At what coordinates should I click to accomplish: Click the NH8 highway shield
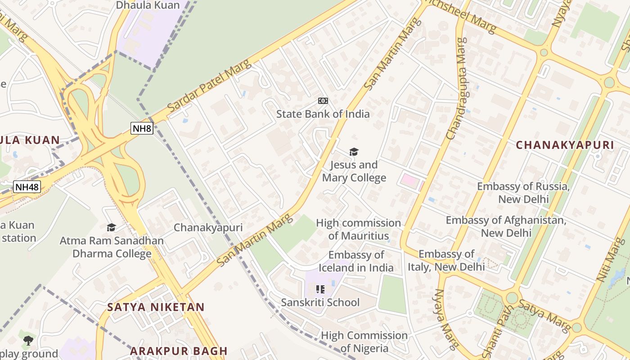coord(142,128)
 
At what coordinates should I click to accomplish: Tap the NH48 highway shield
coord(27,187)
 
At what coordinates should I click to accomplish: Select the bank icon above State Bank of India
coord(323,101)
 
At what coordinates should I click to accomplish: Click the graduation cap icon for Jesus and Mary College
coord(354,152)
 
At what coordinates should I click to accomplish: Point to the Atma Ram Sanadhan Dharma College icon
coord(111,228)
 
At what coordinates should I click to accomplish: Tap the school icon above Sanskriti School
coord(320,289)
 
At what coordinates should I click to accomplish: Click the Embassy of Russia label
coord(523,193)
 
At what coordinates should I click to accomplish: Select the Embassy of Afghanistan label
coord(506,226)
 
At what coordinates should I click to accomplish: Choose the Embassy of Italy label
coord(446,261)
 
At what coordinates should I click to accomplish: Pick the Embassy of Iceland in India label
coord(356,261)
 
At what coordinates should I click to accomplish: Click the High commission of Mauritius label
coord(358,229)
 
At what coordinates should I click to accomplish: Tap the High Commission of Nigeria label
coord(364,342)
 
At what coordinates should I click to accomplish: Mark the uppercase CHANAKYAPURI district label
coord(564,145)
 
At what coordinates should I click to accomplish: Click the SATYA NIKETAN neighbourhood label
coord(156,307)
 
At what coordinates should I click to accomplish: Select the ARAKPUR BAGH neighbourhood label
coord(179,351)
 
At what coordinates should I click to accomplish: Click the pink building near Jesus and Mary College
coord(409,181)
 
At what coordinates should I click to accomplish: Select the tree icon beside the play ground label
coord(28,340)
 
